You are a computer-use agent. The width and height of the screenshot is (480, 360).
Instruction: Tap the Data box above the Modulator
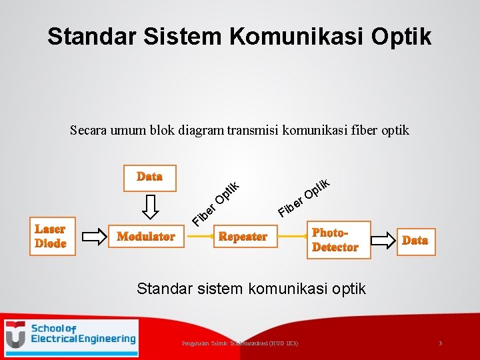[149, 177]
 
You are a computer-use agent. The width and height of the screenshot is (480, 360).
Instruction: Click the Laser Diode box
[51, 236]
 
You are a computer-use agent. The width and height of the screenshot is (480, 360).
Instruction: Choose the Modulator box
[146, 236]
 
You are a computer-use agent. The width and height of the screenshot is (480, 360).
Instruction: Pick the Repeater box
[243, 236]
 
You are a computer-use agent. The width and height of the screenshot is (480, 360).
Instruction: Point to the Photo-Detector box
[335, 240]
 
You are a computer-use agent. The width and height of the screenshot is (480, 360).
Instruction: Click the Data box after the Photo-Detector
[415, 240]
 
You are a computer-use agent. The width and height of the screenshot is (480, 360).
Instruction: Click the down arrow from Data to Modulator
[150, 207]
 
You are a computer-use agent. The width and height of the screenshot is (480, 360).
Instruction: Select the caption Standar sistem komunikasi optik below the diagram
[251, 289]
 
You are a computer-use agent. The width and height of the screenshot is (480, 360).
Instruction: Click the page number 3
[440, 343]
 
